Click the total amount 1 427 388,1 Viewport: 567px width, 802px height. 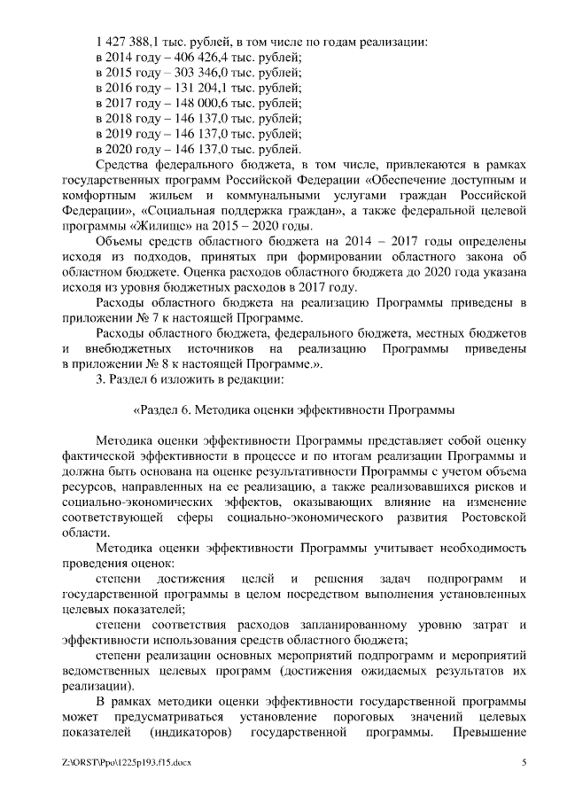[128, 43]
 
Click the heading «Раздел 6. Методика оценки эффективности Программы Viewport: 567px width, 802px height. [293, 410]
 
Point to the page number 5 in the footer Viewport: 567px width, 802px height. [524, 762]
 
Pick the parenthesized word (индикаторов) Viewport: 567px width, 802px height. [191, 733]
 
